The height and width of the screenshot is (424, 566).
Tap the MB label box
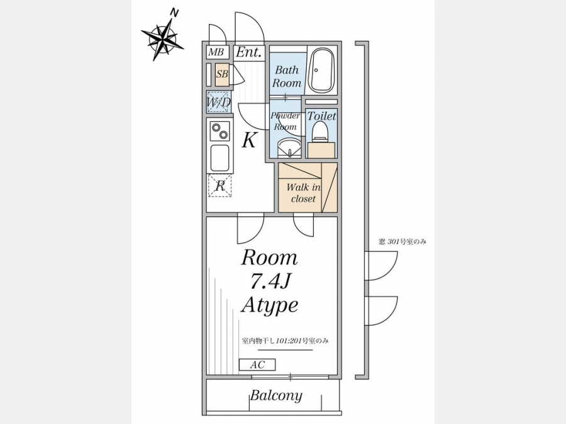[217, 52]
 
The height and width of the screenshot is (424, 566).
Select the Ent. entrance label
[248, 52]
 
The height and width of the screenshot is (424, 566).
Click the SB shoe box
[223, 74]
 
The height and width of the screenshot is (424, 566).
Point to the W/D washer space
[219, 102]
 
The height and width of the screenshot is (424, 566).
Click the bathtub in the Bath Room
[322, 70]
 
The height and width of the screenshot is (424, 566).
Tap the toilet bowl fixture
[320, 131]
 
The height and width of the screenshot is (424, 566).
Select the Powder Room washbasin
[289, 148]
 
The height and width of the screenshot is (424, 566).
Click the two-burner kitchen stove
[220, 131]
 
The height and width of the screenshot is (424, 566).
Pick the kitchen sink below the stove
[219, 157]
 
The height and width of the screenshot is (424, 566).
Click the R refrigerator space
[219, 186]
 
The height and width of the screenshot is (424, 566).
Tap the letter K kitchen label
[248, 140]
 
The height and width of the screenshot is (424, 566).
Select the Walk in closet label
[304, 193]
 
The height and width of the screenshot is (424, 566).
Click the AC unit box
[257, 365]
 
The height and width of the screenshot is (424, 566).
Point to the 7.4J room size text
[270, 282]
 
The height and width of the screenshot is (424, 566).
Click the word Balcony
[276, 396]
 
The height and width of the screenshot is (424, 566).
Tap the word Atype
[270, 306]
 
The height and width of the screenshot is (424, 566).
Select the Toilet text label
[321, 116]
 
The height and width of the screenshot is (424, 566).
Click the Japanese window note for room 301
[402, 242]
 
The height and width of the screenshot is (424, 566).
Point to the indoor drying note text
[285, 340]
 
